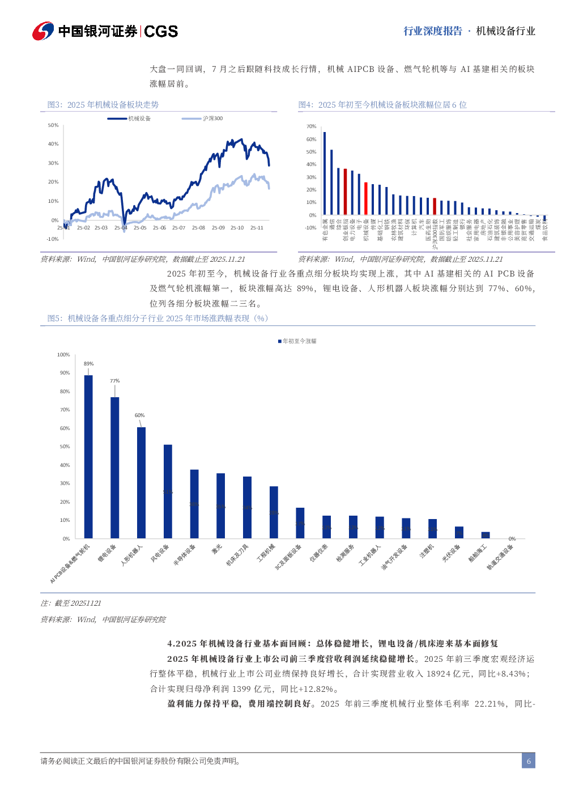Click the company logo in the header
[x=43, y=31]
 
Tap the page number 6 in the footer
[x=529, y=761]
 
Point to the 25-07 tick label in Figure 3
[x=178, y=228]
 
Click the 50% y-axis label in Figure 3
[x=53, y=125]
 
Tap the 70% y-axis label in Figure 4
[x=311, y=126]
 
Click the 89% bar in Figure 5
[x=88, y=456]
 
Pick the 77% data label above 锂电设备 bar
[x=115, y=381]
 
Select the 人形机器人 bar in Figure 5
[x=141, y=482]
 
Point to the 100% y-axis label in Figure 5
[x=63, y=355]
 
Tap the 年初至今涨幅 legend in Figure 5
[x=297, y=341]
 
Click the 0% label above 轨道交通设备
[x=512, y=539]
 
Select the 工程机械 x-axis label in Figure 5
[x=266, y=552]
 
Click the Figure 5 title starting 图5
[x=157, y=318]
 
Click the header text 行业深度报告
[x=433, y=31]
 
